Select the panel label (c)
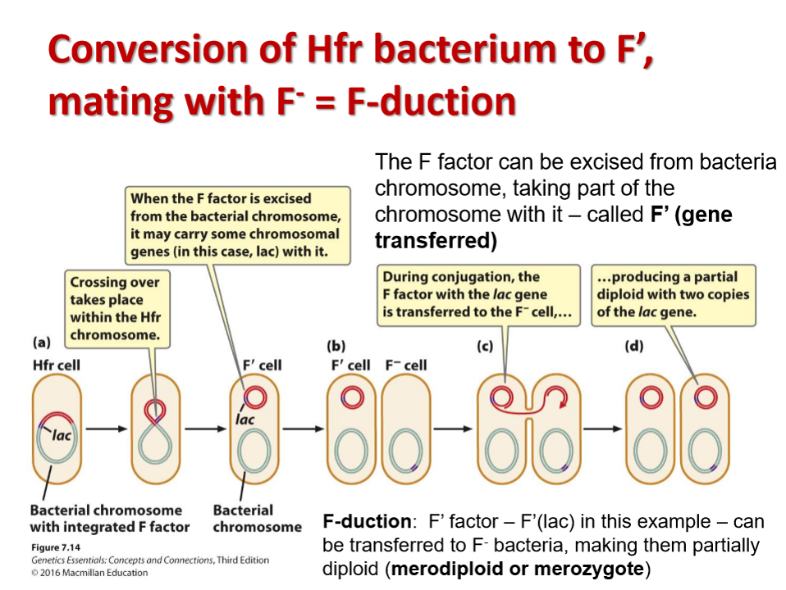[485, 346]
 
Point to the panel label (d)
[634, 346]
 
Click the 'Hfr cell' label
[56, 365]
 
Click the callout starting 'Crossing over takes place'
[115, 308]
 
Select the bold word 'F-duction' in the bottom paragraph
[367, 521]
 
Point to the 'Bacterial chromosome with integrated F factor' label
[109, 518]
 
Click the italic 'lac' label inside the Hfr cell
[62, 435]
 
